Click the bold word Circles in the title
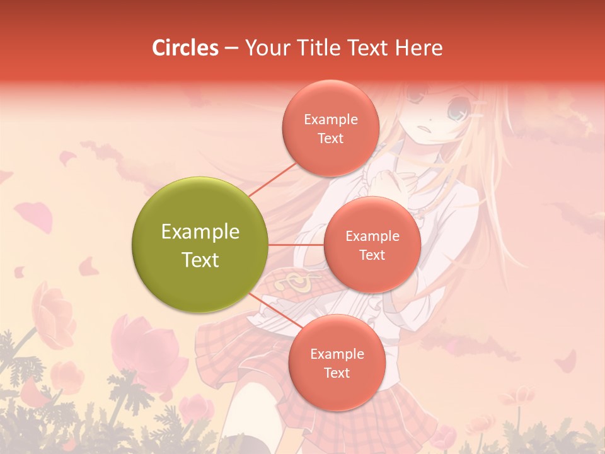pos(185,48)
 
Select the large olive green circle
pos(200,245)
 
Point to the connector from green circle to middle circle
pos(296,245)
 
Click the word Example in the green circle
pos(200,232)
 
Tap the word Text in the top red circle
pos(331,139)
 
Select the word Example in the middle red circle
pos(372,236)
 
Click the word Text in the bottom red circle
pos(337,373)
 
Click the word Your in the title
pos(265,48)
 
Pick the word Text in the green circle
pos(200,260)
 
